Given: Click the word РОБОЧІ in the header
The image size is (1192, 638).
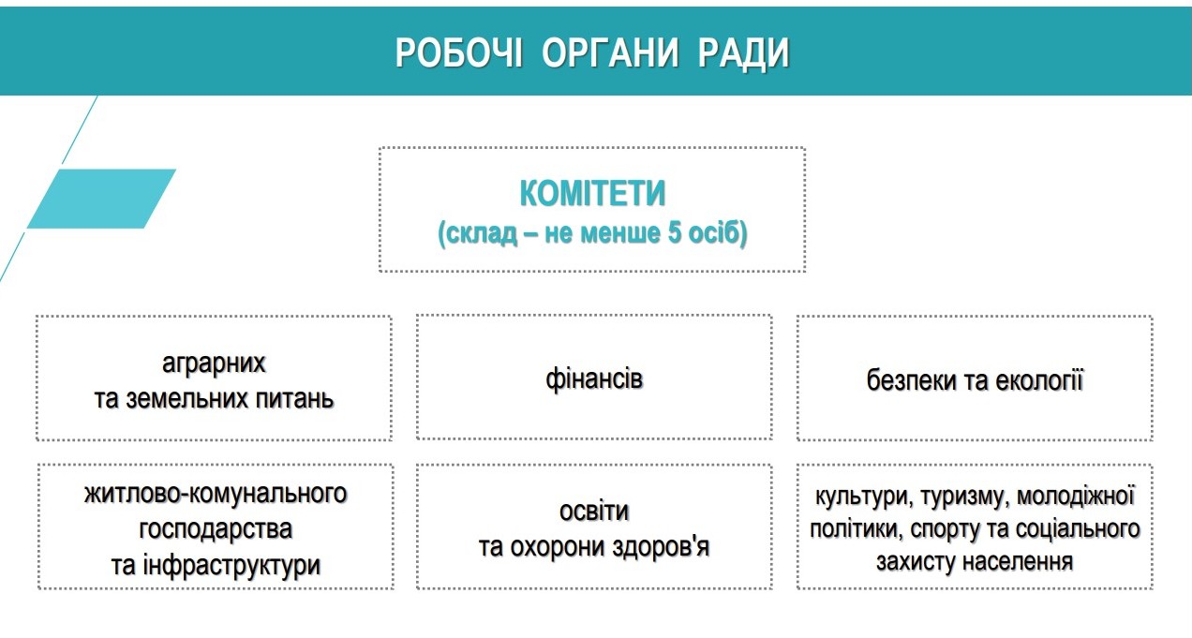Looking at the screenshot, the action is [459, 52].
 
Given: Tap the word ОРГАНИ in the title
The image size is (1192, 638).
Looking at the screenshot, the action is [610, 52].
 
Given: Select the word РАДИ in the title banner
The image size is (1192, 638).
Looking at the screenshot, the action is [743, 53].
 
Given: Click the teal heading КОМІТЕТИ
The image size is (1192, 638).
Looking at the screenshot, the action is [592, 193].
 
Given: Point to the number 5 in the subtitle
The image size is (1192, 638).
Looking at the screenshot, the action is [674, 233].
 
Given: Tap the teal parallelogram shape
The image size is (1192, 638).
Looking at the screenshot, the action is [101, 199].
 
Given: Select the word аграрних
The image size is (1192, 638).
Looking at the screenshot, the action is [214, 364].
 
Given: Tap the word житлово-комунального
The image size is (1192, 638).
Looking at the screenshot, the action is [216, 494].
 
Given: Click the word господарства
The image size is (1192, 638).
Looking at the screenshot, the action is [216, 530].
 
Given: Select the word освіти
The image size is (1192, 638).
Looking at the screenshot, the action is [594, 512].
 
